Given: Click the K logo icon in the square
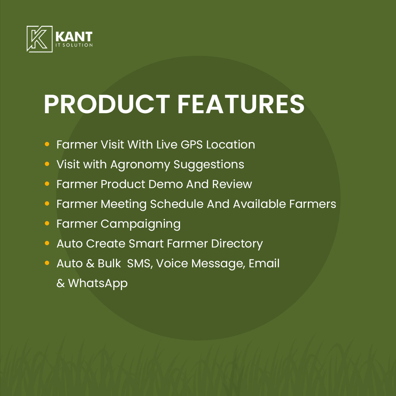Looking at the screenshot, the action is click(40, 39).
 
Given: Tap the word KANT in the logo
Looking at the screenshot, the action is click(74, 37).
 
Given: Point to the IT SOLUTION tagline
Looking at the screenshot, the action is click(74, 45).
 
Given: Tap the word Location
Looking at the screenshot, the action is click(230, 145).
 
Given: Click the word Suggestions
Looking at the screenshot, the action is click(209, 165).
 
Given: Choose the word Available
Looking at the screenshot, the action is click(259, 204).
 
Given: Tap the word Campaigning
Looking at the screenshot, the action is click(140, 224).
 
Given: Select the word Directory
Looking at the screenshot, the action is click(237, 244).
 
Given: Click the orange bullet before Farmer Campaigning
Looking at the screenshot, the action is click(47, 223).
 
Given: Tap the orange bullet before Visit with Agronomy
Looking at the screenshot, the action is click(47, 164).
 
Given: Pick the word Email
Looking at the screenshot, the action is click(264, 263).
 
